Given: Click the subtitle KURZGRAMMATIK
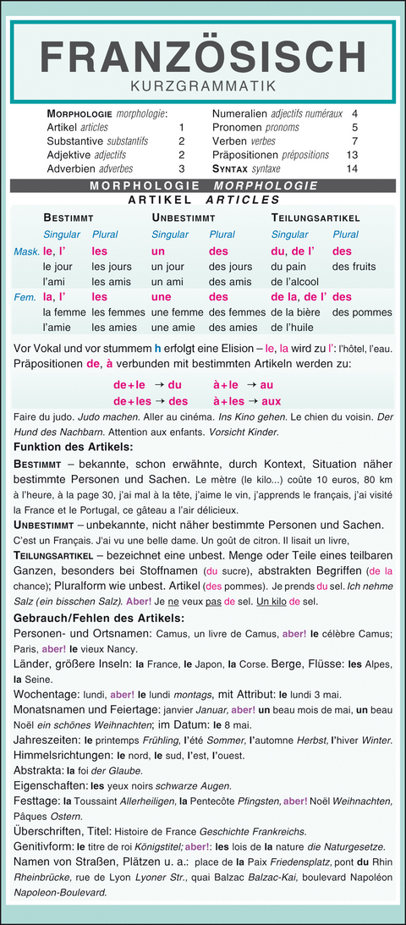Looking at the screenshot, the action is pyautogui.click(x=203, y=85).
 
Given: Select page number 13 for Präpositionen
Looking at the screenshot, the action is pyautogui.click(x=353, y=155).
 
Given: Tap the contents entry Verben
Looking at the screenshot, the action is pyautogui.click(x=231, y=141).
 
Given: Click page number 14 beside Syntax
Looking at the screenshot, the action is pyautogui.click(x=353, y=168).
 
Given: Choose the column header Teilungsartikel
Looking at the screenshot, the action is pyautogui.click(x=315, y=217).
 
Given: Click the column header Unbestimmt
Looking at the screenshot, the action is pyautogui.click(x=183, y=217).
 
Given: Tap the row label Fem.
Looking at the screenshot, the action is pyautogui.click(x=26, y=297).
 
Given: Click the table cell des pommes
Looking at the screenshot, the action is pyautogui.click(x=362, y=312).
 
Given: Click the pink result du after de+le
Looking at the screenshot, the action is pyautogui.click(x=176, y=384).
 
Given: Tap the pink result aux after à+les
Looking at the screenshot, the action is pyautogui.click(x=271, y=401).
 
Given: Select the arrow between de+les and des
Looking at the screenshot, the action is pyautogui.click(x=158, y=401).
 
